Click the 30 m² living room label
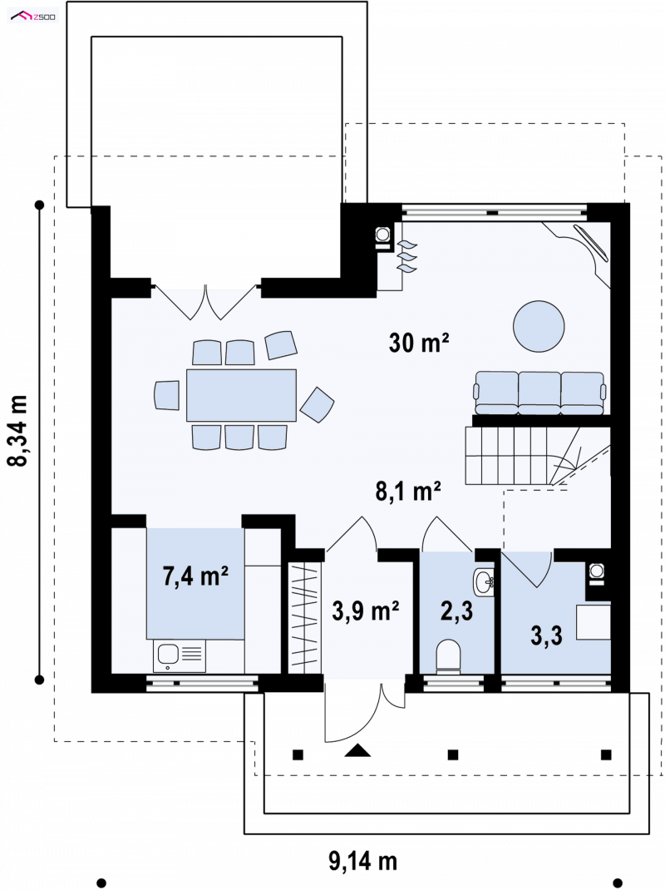click(x=419, y=342)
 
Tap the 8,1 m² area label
click(x=408, y=491)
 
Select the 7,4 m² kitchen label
click(x=195, y=576)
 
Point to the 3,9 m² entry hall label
click(x=366, y=611)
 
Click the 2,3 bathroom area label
click(x=456, y=611)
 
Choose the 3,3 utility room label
click(x=546, y=635)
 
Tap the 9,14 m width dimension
click(x=363, y=861)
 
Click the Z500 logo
click(x=33, y=17)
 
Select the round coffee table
click(x=539, y=326)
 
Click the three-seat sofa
click(x=539, y=393)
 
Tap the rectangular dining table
click(x=241, y=395)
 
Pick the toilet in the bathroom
click(x=448, y=656)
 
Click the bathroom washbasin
click(x=484, y=581)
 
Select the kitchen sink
click(x=180, y=656)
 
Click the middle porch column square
click(x=453, y=754)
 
